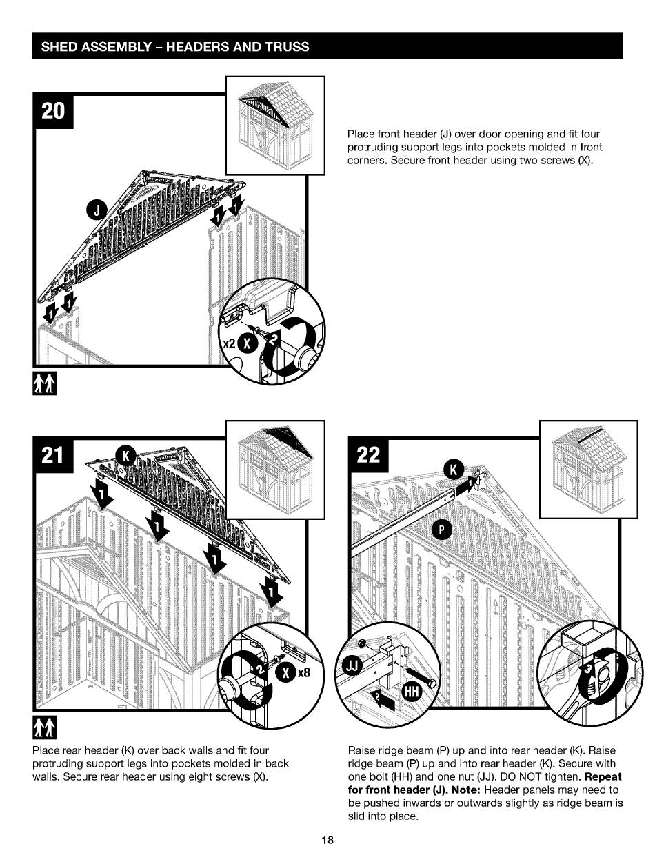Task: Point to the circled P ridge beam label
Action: [x=442, y=529]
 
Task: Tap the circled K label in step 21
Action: [x=126, y=456]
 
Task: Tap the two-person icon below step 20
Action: [x=45, y=380]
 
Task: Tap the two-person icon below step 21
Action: [x=45, y=726]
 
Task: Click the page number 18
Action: [x=327, y=840]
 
